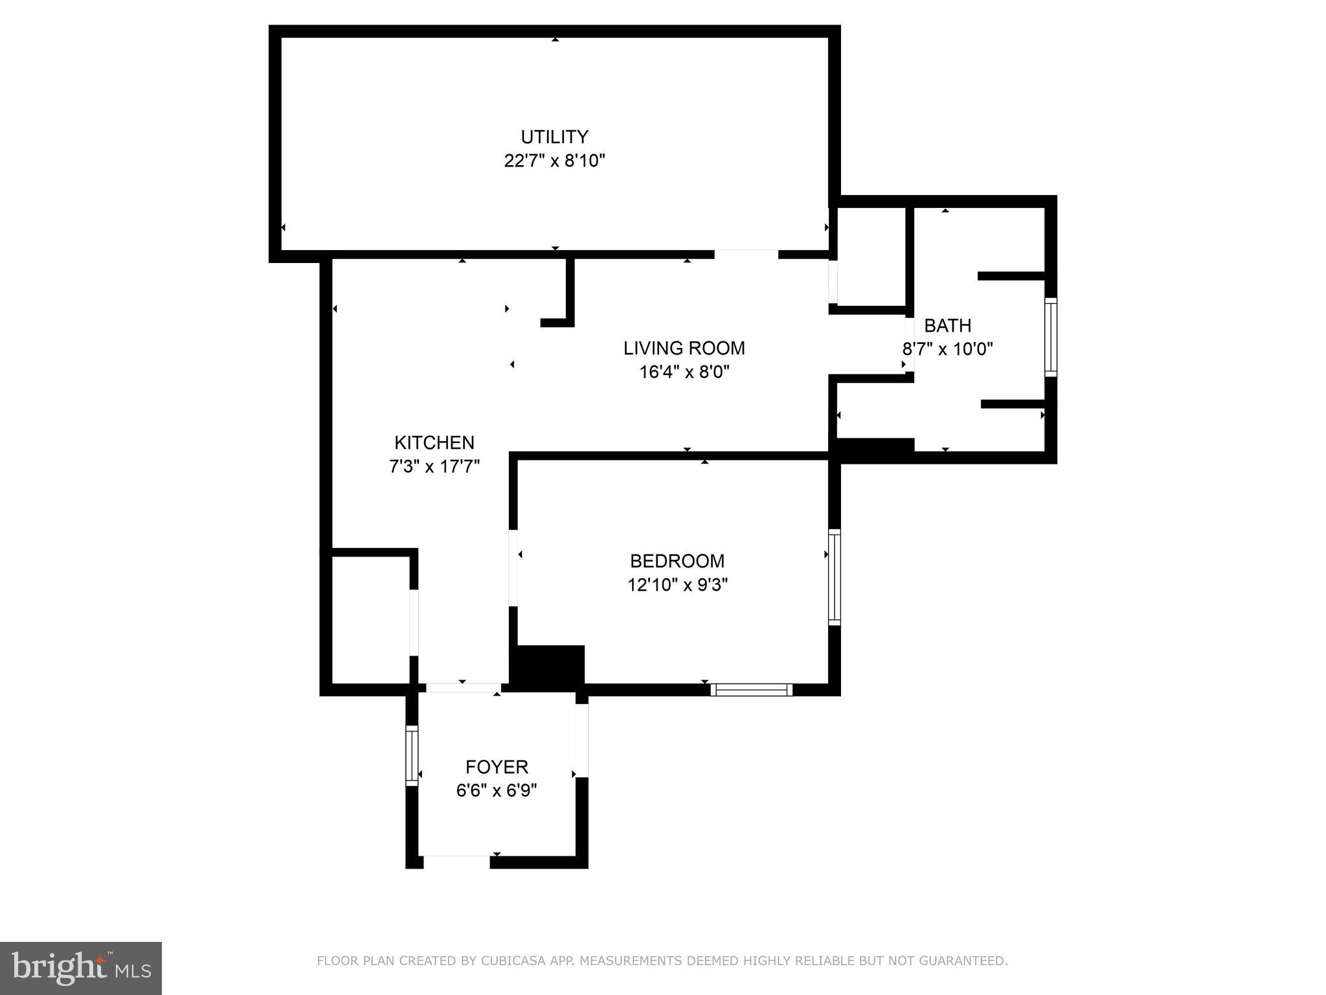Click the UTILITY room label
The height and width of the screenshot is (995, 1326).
click(x=554, y=137)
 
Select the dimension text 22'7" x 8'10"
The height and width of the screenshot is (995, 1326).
click(x=554, y=161)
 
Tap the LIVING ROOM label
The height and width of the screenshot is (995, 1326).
click(x=684, y=348)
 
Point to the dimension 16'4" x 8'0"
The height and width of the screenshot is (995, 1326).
click(x=684, y=372)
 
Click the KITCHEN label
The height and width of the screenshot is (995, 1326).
click(x=434, y=442)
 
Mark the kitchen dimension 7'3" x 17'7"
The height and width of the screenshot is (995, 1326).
click(x=434, y=466)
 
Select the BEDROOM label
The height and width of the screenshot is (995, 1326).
click(x=677, y=560)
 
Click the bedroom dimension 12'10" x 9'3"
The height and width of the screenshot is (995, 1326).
click(x=677, y=585)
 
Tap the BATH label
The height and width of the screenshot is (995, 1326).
click(x=947, y=325)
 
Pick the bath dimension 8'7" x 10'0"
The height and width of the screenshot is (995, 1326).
click(x=947, y=349)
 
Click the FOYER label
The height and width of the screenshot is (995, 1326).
click(x=497, y=767)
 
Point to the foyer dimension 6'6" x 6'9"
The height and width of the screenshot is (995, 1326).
click(x=497, y=791)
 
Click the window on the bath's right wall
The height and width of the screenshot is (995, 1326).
click(x=1050, y=337)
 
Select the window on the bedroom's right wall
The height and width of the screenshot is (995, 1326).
click(x=835, y=577)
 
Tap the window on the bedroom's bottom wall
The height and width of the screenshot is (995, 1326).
click(x=751, y=689)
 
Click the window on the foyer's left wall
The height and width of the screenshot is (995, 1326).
click(x=412, y=755)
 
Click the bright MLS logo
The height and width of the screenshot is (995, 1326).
click(x=80, y=968)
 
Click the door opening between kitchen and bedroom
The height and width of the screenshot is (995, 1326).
click(x=513, y=568)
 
